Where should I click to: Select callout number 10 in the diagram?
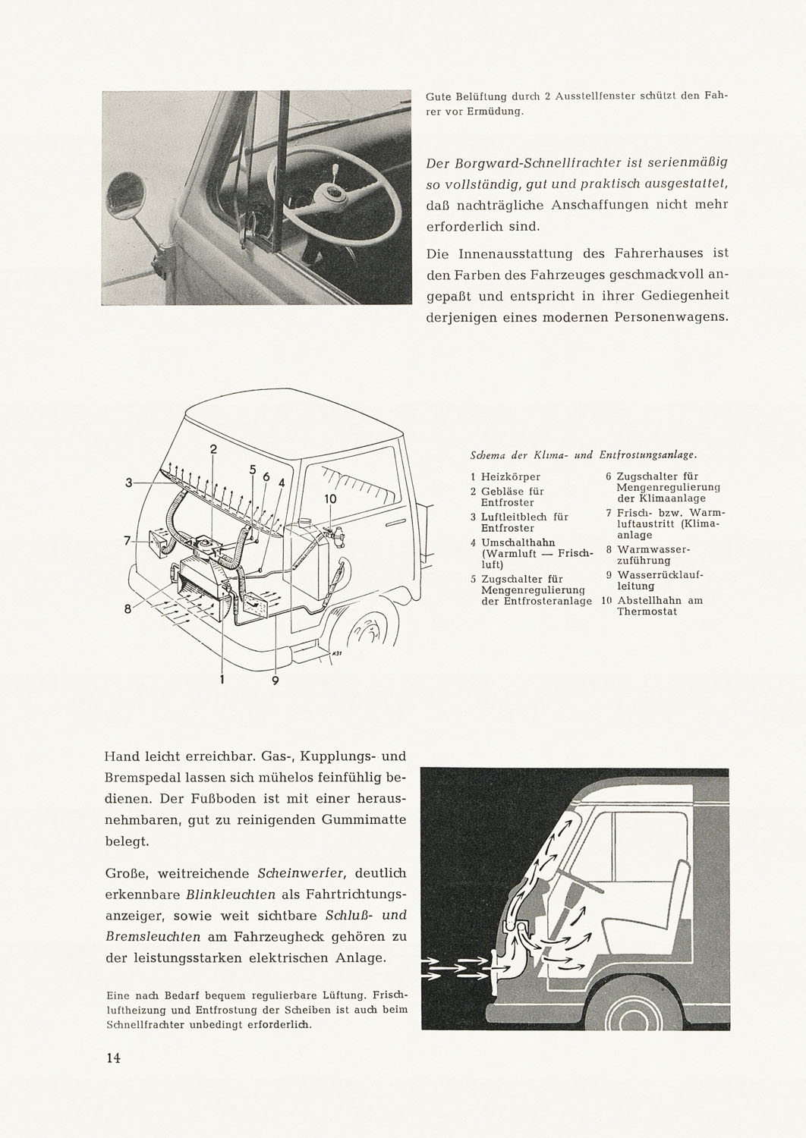[330, 499]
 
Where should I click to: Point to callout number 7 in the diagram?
[128, 541]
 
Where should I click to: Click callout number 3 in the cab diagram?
[130, 483]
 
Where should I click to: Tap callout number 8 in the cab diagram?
[129, 608]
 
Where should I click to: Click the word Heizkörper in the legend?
[511, 476]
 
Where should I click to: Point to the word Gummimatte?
[365, 820]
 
